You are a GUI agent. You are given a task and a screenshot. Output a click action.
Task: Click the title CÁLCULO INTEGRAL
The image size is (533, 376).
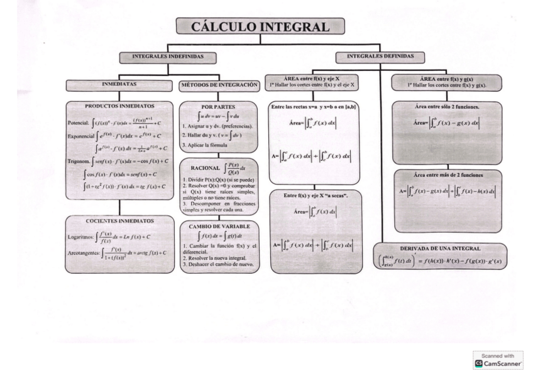[x=260, y=26]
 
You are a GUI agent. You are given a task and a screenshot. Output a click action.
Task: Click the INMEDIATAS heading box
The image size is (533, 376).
[x=119, y=84]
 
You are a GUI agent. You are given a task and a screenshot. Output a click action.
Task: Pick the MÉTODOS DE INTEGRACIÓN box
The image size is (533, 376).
[x=219, y=84]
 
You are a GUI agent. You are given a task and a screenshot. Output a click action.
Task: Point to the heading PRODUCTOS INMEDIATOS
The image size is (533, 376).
[x=119, y=107]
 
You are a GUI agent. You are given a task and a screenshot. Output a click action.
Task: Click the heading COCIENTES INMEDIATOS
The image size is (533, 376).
[x=119, y=221]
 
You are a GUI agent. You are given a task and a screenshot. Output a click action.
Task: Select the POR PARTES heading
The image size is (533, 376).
[x=218, y=107]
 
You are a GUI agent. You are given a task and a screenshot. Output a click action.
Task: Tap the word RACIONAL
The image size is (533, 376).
[x=200, y=168]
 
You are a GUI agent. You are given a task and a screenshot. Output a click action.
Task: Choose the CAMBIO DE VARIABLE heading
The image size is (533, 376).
[x=218, y=226]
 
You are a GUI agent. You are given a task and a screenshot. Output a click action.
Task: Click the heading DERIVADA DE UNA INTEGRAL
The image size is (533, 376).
[x=444, y=249]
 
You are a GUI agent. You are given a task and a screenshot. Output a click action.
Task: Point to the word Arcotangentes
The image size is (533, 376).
[x=84, y=253]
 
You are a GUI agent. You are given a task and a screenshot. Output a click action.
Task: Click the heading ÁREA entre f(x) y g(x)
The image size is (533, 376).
[x=446, y=78]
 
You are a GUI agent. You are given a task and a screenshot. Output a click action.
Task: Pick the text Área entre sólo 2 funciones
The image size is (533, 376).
[x=447, y=107]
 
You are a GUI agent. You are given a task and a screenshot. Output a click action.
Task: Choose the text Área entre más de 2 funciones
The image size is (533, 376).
[x=448, y=175]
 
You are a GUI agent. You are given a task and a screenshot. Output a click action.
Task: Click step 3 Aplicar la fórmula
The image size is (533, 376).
[x=207, y=145]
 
